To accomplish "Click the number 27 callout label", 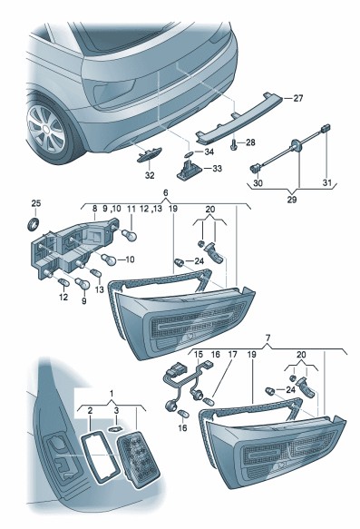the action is [x=298, y=99].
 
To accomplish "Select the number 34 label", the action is [x=209, y=152].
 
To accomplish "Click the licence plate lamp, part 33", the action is [x=189, y=170].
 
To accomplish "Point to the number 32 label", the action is [x=150, y=175].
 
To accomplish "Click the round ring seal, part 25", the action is [x=33, y=224].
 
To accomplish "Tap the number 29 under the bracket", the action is [x=292, y=200].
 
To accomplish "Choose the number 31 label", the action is [x=327, y=183].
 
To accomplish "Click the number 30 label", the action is [x=258, y=183].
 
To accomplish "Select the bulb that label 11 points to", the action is [x=129, y=234].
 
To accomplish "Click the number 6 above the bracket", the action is [x=166, y=192].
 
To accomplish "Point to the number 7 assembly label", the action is [x=268, y=337].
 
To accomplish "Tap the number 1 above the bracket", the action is [x=112, y=394].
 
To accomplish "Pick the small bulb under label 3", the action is [x=114, y=429].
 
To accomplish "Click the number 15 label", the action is [x=199, y=355].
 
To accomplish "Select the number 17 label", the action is [x=232, y=355].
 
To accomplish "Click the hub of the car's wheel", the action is [x=44, y=129].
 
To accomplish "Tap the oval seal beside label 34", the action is [x=190, y=154].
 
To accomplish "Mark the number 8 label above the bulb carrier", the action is [x=94, y=209].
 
